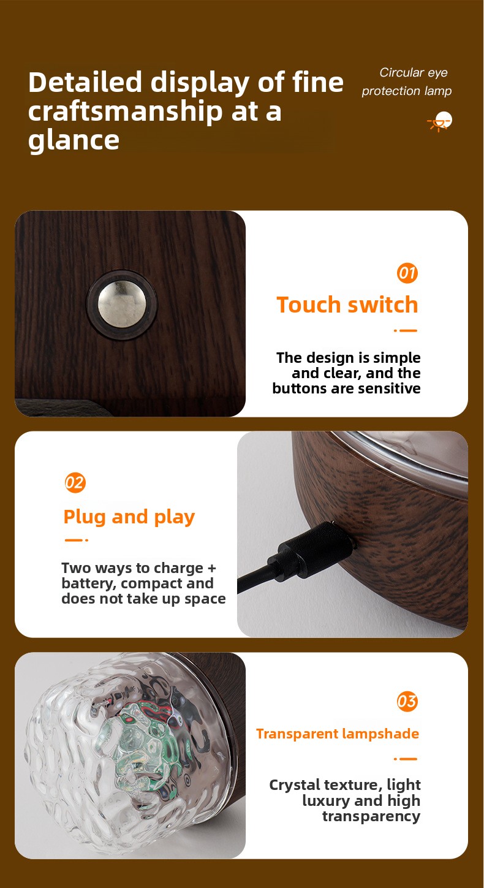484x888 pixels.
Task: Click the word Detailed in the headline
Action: tap(85, 82)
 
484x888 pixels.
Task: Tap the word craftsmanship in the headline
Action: tap(126, 112)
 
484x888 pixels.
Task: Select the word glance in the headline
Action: tap(74, 140)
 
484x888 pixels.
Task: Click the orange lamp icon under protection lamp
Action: tap(440, 121)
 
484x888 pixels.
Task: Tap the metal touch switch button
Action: tap(122, 304)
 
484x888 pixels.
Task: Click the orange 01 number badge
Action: tap(407, 273)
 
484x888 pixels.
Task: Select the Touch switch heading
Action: tap(347, 305)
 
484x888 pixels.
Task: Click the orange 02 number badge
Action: tap(75, 482)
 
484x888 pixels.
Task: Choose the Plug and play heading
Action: tap(129, 517)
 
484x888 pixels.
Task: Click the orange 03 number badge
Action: tap(407, 701)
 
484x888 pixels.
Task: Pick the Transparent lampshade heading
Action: tap(338, 734)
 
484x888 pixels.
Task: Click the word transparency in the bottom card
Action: tap(371, 817)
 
